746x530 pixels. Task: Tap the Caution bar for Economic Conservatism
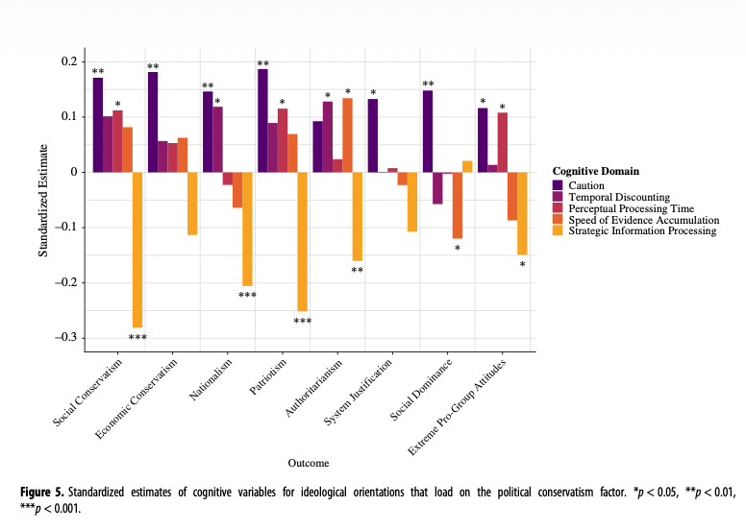click(153, 122)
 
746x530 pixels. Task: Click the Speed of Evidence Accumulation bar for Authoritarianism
click(347, 135)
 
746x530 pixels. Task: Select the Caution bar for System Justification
click(373, 135)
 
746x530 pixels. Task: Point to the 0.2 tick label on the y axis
click(69, 62)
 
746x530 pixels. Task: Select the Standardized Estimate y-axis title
click(43, 200)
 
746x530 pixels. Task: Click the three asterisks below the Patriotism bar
click(302, 321)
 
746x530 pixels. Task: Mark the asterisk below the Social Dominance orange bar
click(458, 249)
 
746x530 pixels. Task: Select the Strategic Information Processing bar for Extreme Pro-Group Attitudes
click(522, 213)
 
